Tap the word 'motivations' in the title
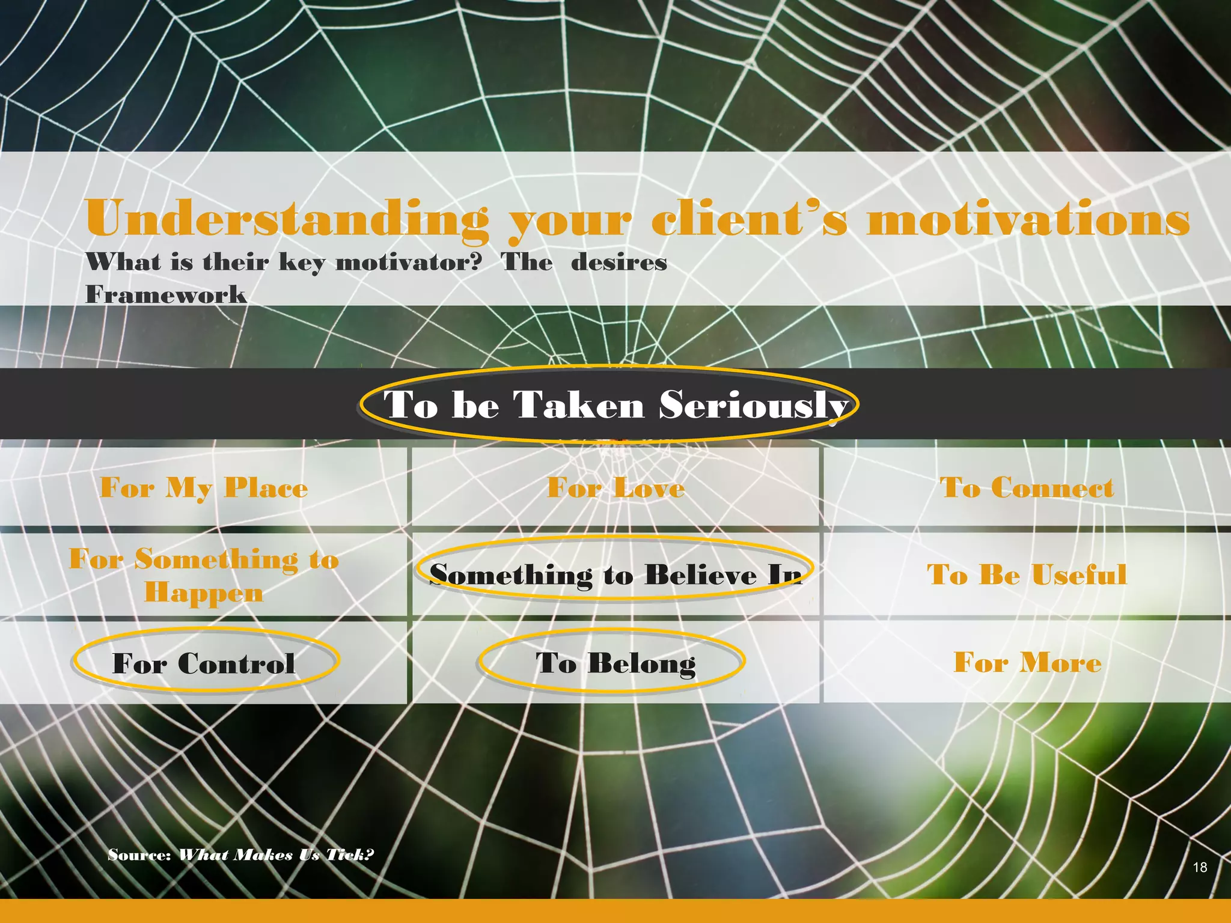(1028, 219)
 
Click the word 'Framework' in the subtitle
(166, 294)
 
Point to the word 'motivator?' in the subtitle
(409, 262)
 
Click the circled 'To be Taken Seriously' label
(608, 404)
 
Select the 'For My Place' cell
(204, 487)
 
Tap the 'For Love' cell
(615, 487)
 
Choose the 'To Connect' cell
(1027, 487)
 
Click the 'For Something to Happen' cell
(204, 575)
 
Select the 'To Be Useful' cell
(1027, 574)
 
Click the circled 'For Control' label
(204, 663)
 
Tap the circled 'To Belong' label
(615, 663)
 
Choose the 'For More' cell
(1027, 662)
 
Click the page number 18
(1200, 867)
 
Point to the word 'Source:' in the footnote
(140, 854)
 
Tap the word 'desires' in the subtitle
(619, 262)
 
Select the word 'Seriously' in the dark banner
(754, 404)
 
